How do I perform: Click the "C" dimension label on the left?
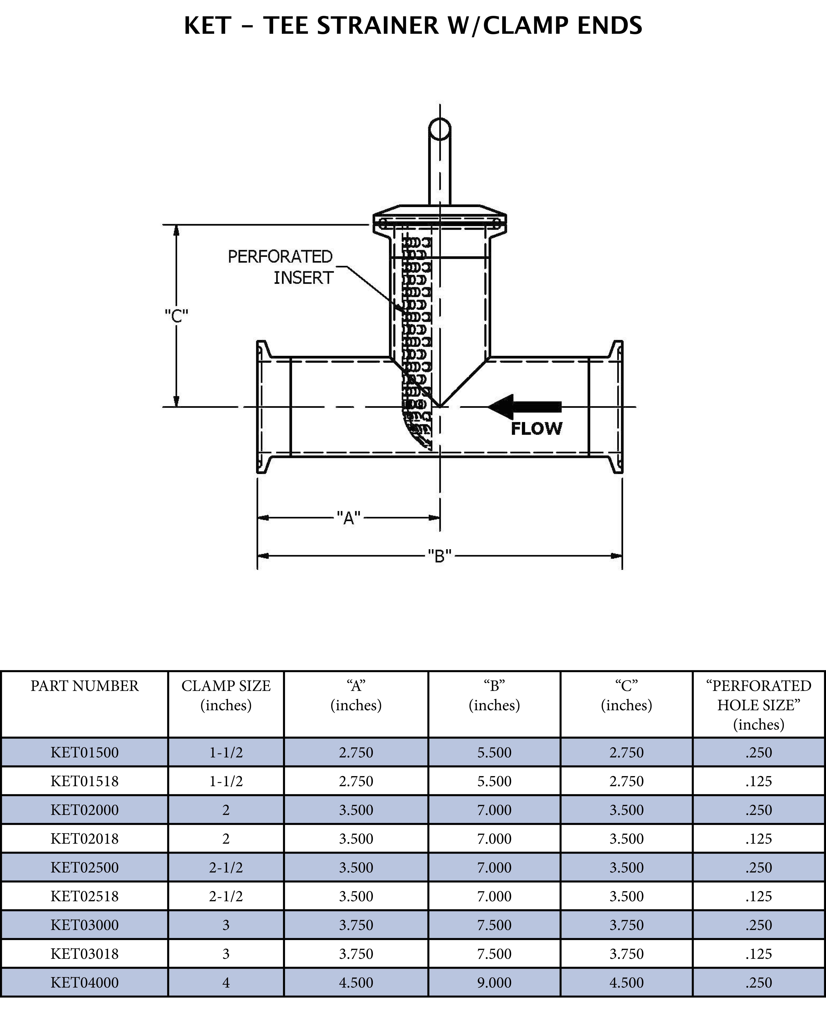(x=177, y=316)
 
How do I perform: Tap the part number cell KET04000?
(x=85, y=982)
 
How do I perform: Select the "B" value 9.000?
(x=494, y=982)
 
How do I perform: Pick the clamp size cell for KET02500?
(x=226, y=867)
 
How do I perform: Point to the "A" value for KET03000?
(x=356, y=925)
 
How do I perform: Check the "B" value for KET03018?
(x=494, y=953)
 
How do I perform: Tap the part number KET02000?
(x=85, y=810)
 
